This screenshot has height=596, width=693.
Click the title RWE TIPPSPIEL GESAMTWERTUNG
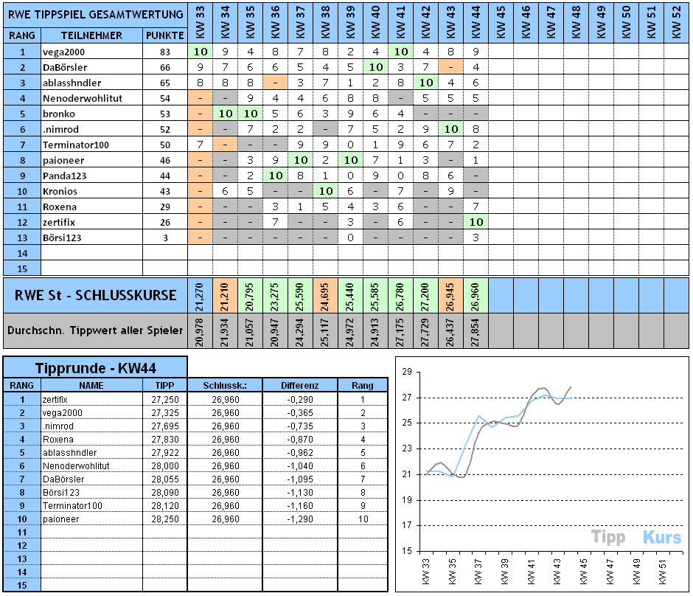(x=95, y=14)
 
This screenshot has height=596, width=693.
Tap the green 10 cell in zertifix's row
(x=476, y=221)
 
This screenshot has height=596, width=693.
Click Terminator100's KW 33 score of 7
(x=200, y=145)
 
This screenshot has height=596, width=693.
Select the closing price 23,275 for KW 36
(x=275, y=295)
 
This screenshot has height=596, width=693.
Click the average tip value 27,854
(x=476, y=330)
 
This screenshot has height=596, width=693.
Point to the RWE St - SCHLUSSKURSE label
(x=96, y=295)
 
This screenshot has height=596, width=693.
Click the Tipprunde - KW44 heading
(x=95, y=368)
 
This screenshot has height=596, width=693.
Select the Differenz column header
(x=300, y=385)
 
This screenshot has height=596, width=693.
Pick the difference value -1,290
(x=300, y=519)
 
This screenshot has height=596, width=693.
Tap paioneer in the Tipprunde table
(x=59, y=519)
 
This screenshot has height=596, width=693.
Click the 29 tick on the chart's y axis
(x=405, y=372)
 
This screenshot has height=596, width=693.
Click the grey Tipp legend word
(x=608, y=537)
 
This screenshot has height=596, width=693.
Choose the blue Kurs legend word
(x=661, y=537)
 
